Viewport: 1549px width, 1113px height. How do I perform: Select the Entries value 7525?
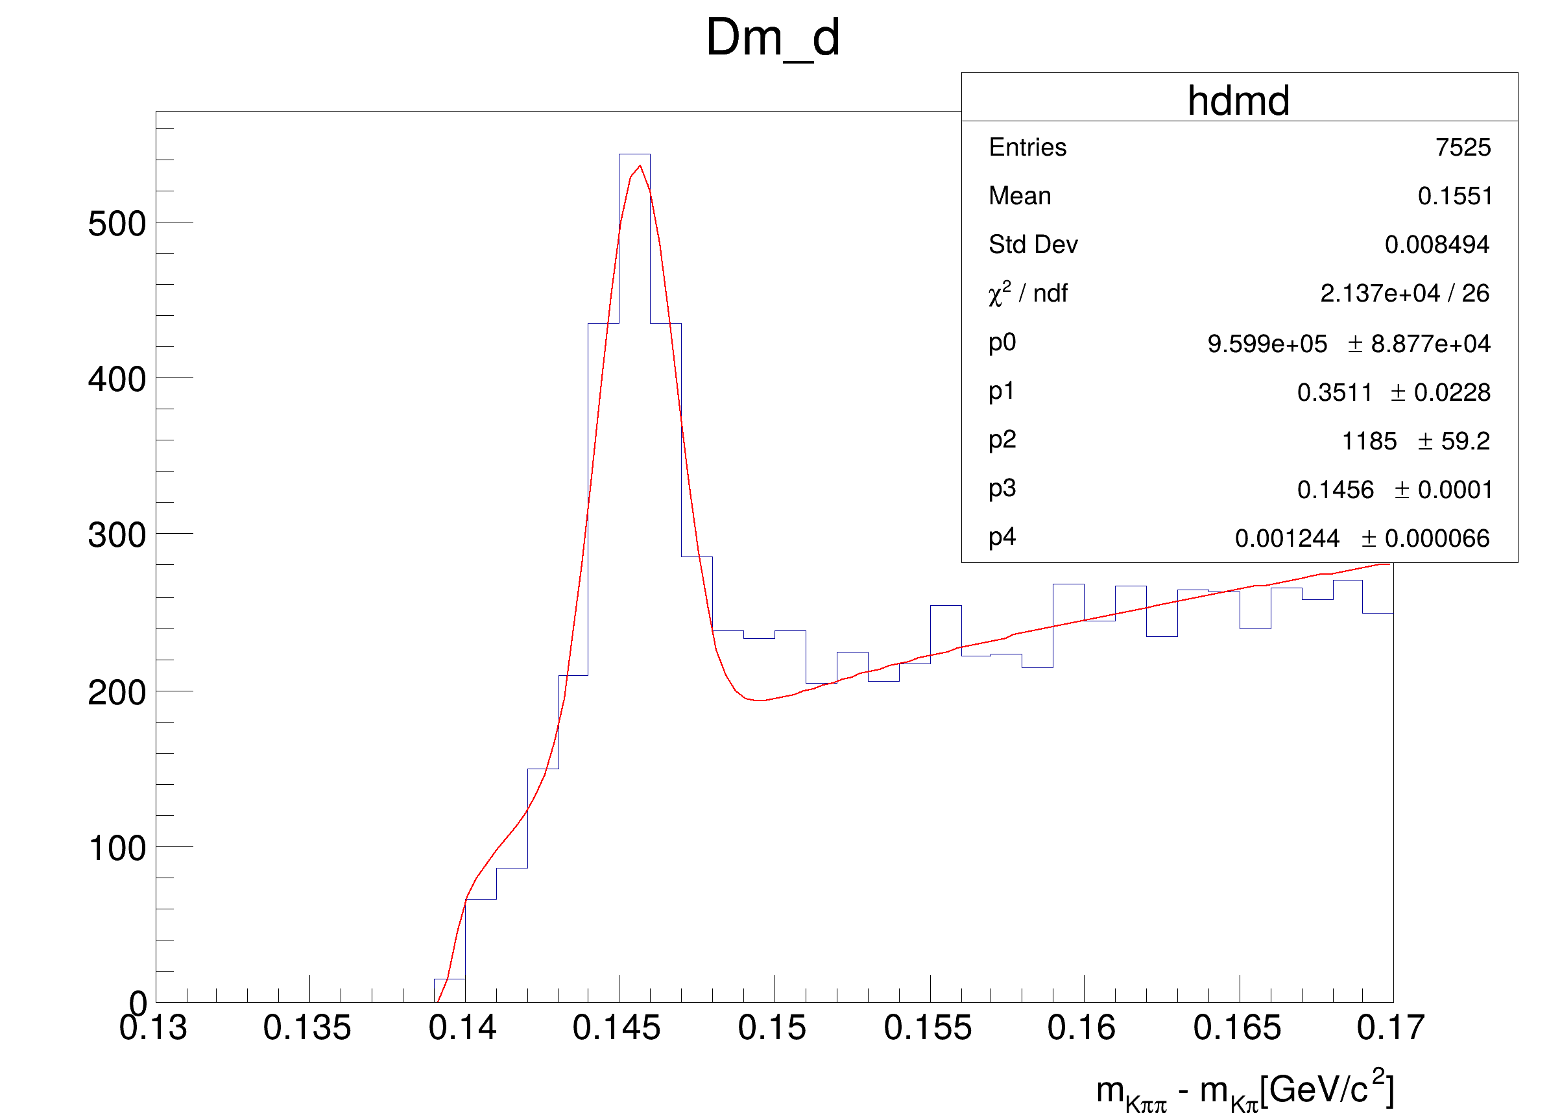click(1462, 147)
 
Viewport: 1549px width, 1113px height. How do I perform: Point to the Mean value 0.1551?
click(1454, 196)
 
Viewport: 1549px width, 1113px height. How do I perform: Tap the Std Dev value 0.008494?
click(1436, 245)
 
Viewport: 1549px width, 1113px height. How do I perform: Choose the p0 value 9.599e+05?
click(1266, 344)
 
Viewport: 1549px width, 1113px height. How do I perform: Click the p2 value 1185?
click(1369, 441)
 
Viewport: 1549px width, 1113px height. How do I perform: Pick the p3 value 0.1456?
click(1334, 490)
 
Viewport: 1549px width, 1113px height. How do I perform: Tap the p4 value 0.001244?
click(1287, 538)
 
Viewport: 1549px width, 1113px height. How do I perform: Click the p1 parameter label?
click(1002, 391)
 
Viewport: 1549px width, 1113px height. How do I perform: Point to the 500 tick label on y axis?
click(117, 224)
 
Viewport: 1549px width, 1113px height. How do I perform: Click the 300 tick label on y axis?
click(117, 535)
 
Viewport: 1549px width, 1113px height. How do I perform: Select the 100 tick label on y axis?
click(117, 849)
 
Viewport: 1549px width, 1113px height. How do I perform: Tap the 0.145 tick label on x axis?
click(616, 1027)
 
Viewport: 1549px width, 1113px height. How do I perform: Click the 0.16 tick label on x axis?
click(1081, 1027)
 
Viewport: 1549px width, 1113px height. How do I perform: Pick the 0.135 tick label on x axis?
click(307, 1027)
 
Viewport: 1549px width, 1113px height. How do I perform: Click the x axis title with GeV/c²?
click(1244, 1090)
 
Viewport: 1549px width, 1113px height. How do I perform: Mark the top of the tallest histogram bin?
click(634, 155)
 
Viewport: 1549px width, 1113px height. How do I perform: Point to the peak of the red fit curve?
click(640, 166)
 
